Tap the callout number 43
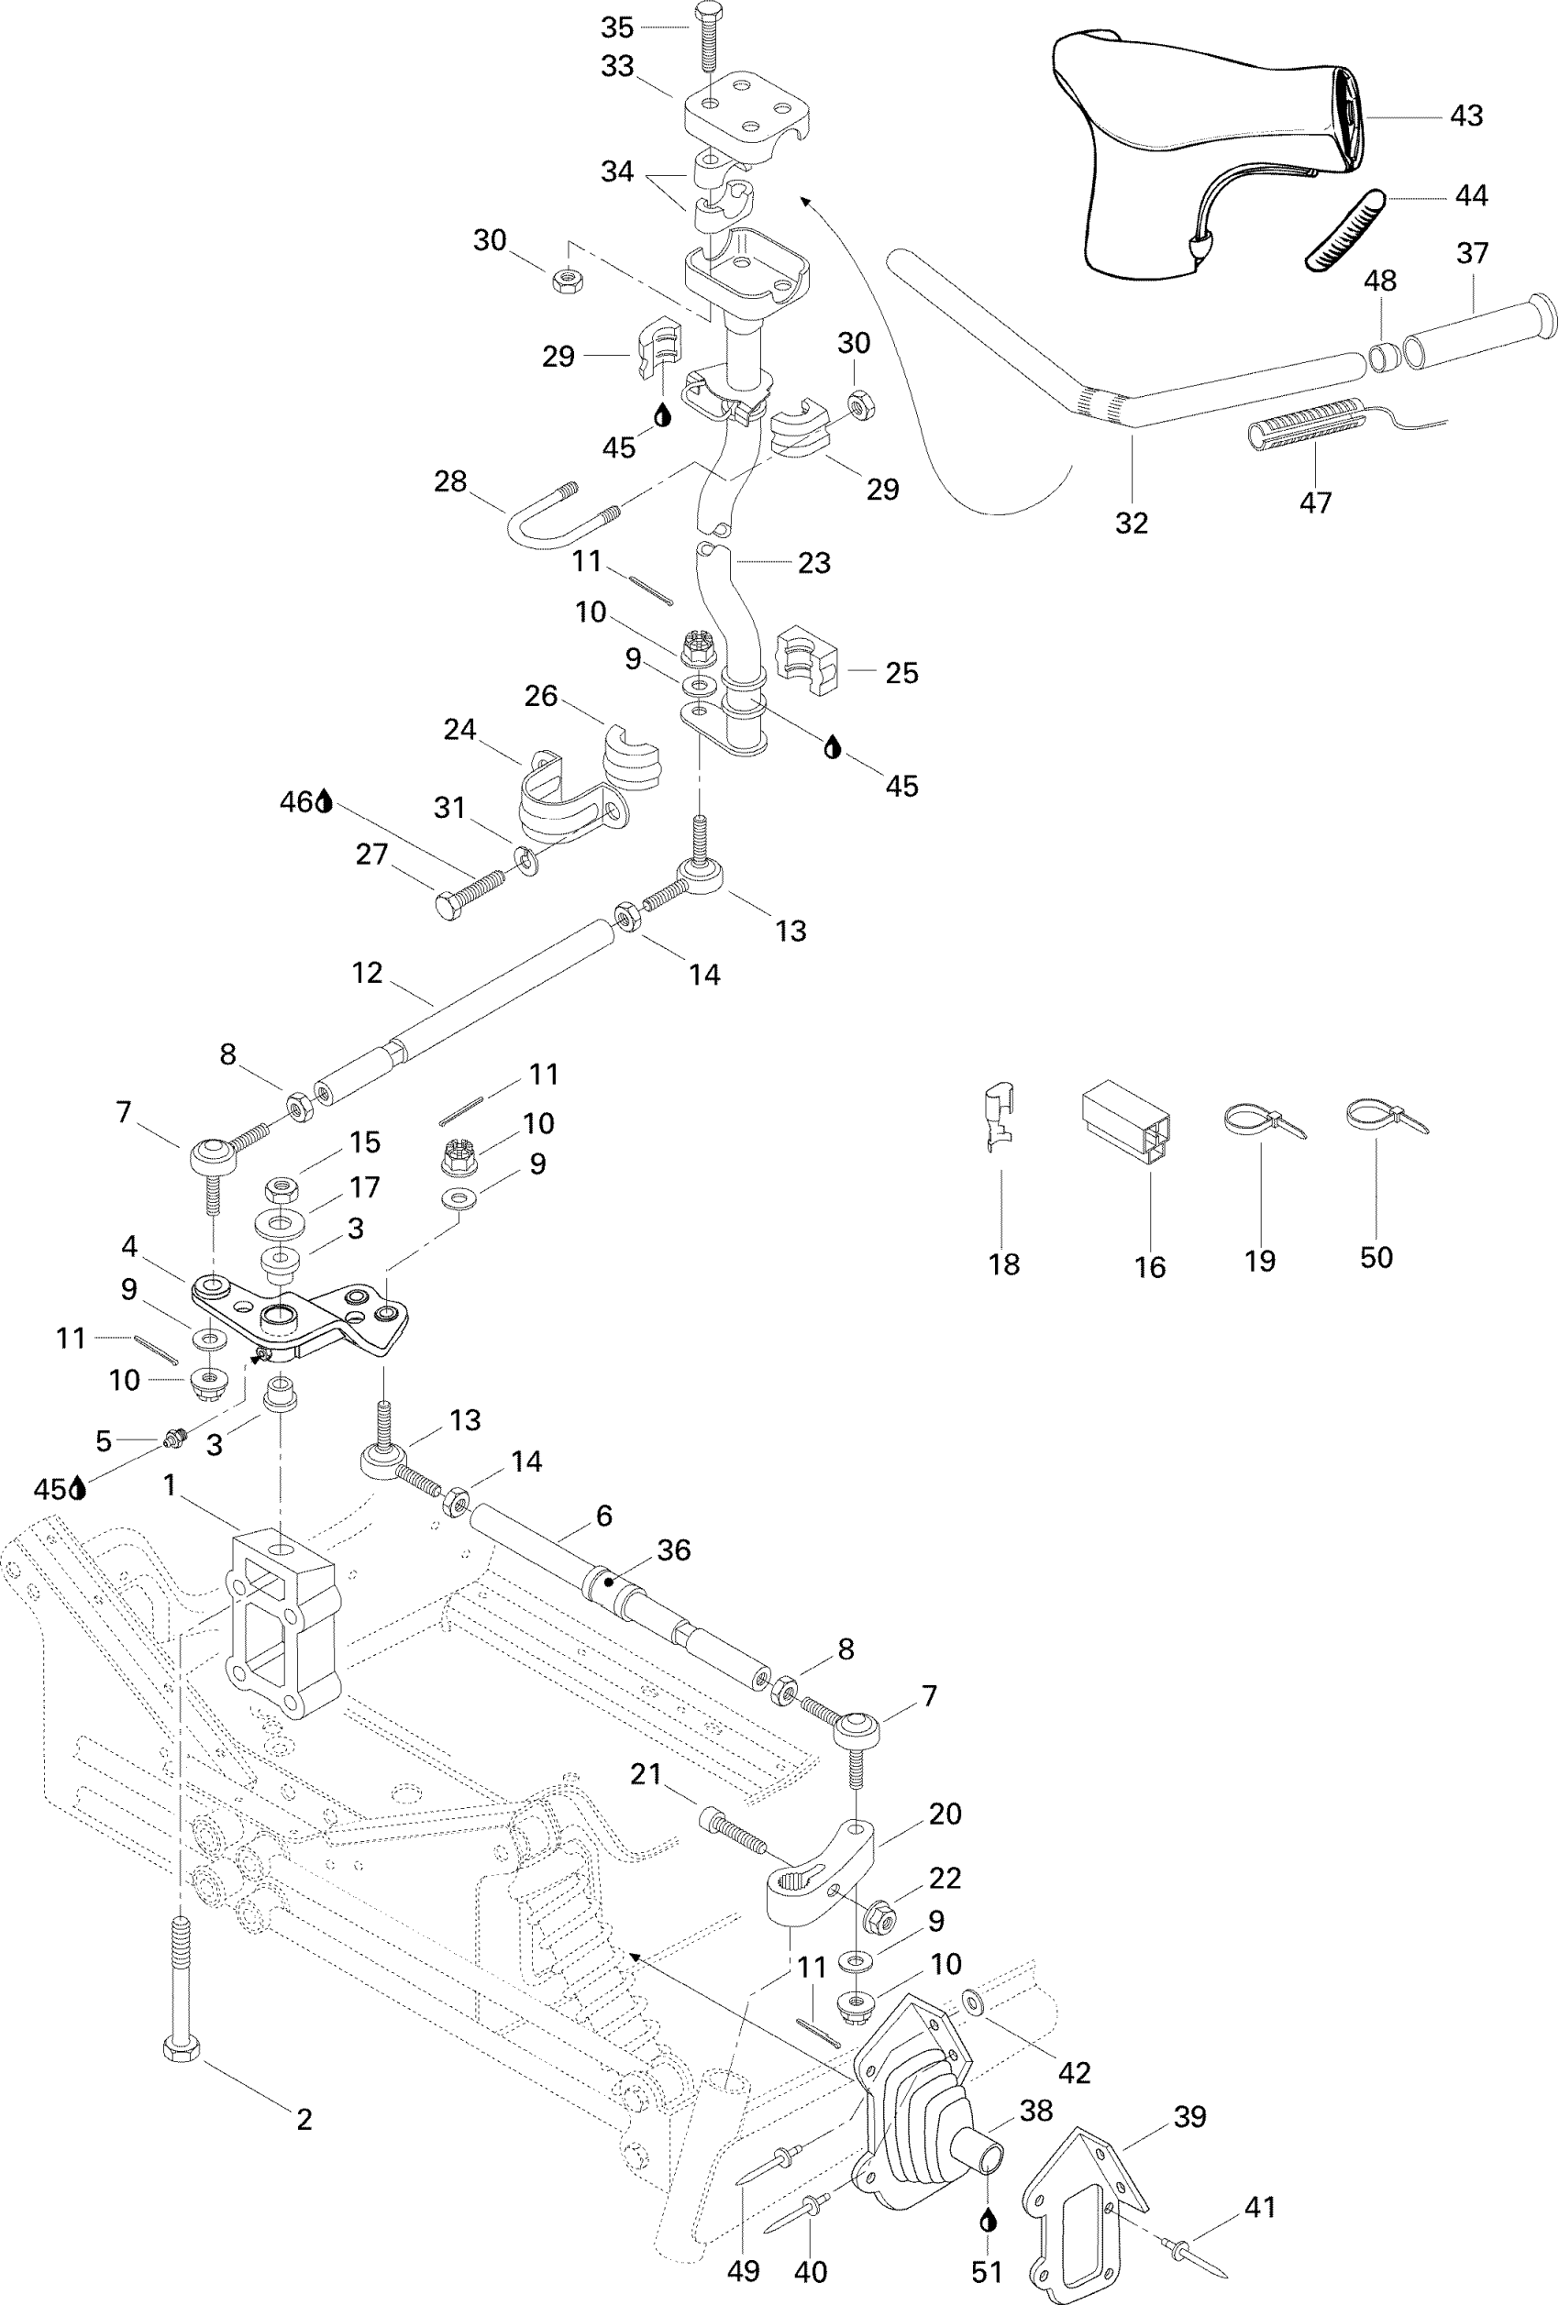1465,116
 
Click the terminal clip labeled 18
1001,1117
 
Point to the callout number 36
673,1550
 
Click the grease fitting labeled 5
175,1435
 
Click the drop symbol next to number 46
325,801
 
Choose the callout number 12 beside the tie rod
367,973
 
